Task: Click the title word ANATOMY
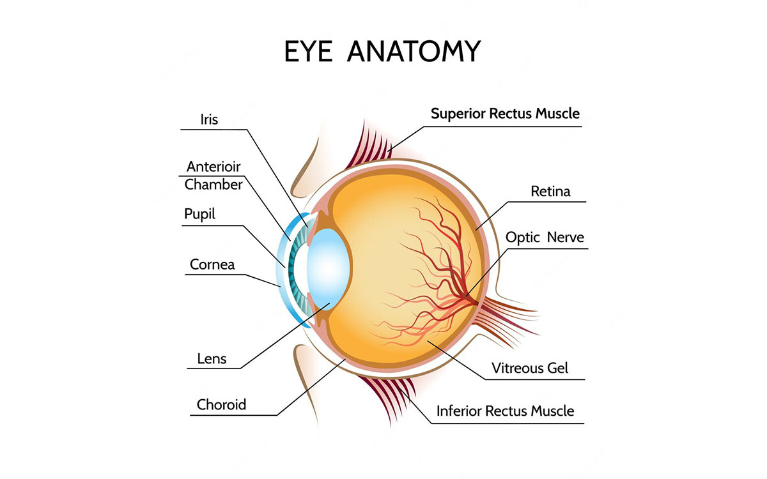(414, 51)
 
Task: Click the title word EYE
(308, 51)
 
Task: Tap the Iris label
(209, 119)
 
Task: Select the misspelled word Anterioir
(213, 167)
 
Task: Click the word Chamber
(213, 185)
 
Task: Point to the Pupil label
(199, 215)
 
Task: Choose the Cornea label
(212, 264)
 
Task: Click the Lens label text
(212, 359)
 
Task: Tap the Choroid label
(221, 405)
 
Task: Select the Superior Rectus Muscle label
(505, 114)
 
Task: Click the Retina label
(550, 192)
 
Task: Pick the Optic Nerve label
(545, 238)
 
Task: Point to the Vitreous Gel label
(530, 368)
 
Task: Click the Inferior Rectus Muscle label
(505, 411)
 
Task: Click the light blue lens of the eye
(328, 269)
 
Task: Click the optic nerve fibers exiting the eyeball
(507, 318)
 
